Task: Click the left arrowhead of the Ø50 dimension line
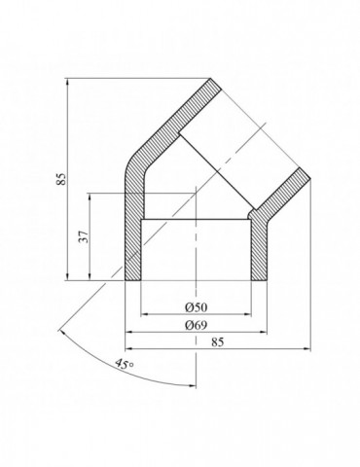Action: (144, 314)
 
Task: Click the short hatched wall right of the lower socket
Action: (259, 248)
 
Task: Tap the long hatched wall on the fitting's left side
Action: (133, 224)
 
